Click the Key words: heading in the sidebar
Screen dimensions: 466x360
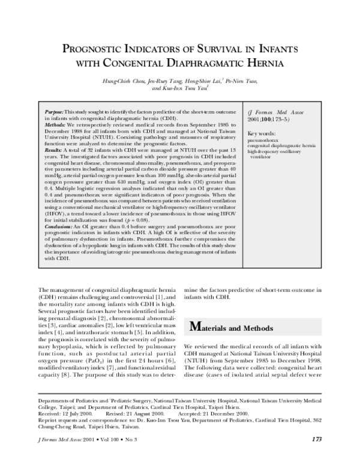pos(262,133)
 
